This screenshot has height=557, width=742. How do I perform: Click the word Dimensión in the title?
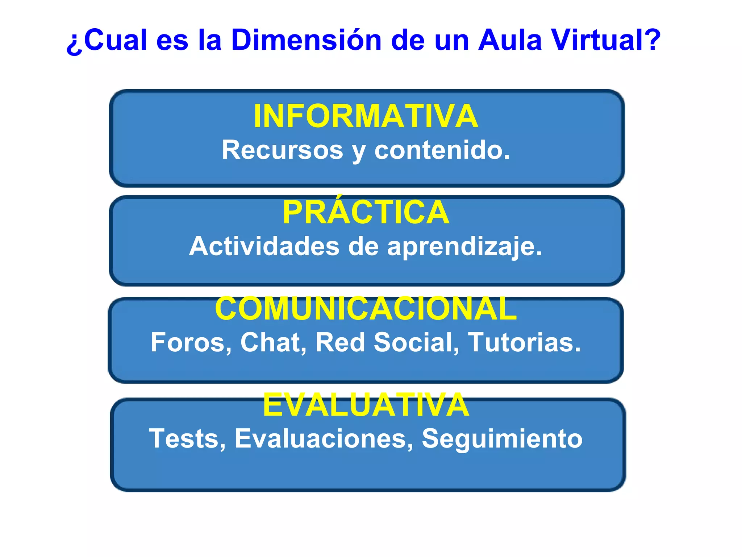pos(306,40)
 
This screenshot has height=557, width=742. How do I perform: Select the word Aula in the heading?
pos(509,40)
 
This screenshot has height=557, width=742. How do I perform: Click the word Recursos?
pos(282,150)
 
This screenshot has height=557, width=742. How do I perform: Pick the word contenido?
pos(442,150)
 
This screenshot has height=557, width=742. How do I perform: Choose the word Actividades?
pos(264,246)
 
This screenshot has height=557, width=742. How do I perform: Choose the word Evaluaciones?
pos(324,439)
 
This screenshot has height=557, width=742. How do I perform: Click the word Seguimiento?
pos(502,439)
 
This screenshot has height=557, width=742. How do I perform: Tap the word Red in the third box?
pos(340,342)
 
